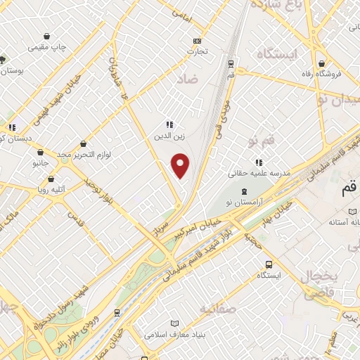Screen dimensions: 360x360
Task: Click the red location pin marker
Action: [x=181, y=165]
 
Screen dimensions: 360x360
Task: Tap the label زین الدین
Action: [x=169, y=136]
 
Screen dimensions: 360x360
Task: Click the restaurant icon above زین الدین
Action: [x=169, y=124]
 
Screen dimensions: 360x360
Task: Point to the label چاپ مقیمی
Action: [x=47, y=47]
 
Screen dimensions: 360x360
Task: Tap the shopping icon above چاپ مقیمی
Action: [x=47, y=36]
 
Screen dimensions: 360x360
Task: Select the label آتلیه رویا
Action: [x=53, y=188]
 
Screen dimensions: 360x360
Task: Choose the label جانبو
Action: [x=41, y=162]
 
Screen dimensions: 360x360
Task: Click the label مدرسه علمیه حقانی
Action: [x=249, y=172]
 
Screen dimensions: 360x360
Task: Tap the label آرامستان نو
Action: [x=244, y=202]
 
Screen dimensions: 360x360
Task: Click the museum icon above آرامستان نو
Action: [x=244, y=191]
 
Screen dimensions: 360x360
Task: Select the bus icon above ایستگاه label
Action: [x=269, y=264]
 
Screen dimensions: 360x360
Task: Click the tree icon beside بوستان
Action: [x=3, y=60]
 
